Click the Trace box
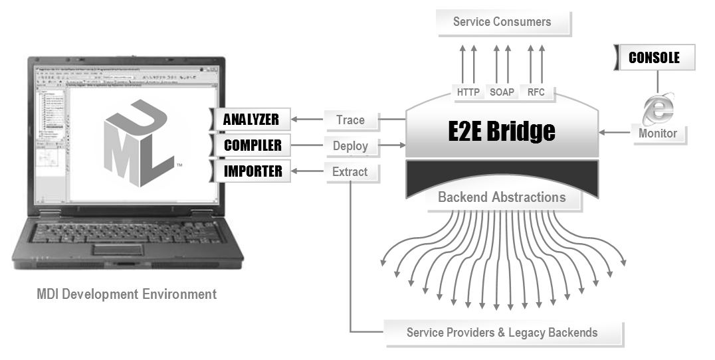tap(351, 120)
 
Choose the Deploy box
tap(351, 146)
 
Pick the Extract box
tap(351, 172)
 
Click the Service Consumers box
tap(502, 22)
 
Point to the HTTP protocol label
tap(468, 92)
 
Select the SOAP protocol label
tap(502, 92)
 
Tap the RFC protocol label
tap(536, 92)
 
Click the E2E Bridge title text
tap(502, 131)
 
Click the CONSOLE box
tap(655, 58)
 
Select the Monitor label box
tap(658, 134)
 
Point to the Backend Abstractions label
tap(502, 197)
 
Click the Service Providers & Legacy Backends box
tap(503, 333)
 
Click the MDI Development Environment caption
tap(127, 294)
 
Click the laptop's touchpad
tap(120, 249)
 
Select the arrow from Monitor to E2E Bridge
tap(615, 133)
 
